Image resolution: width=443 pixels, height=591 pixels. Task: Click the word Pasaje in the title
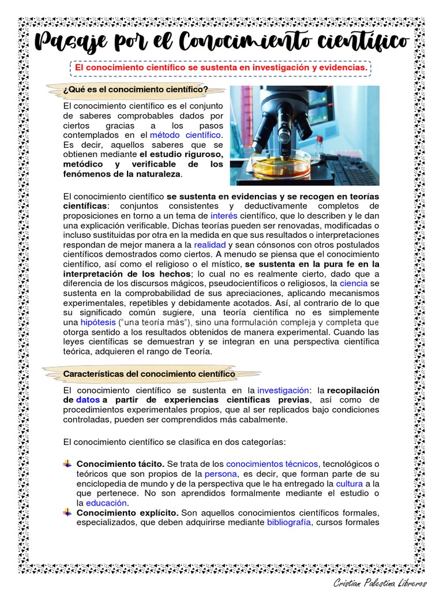[x=69, y=43]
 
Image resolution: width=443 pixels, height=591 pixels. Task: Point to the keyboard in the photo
[x=351, y=170]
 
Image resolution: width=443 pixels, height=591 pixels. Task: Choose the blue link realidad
[x=193, y=245]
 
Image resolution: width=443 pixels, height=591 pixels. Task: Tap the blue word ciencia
[x=353, y=284]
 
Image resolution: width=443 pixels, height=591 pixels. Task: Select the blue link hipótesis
[x=98, y=322]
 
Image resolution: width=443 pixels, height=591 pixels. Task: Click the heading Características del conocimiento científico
[x=149, y=374]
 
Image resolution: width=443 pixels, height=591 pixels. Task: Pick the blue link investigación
[x=283, y=390]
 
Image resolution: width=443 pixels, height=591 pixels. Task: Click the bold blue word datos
[x=88, y=400]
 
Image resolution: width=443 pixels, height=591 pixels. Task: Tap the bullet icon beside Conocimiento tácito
[x=68, y=463]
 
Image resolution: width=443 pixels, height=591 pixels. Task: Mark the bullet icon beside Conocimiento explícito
[x=68, y=513]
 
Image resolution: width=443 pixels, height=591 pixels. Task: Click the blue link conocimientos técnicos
[x=272, y=463]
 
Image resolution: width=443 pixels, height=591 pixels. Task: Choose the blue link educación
[x=107, y=503]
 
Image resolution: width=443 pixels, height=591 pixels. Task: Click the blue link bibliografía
[x=288, y=522]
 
